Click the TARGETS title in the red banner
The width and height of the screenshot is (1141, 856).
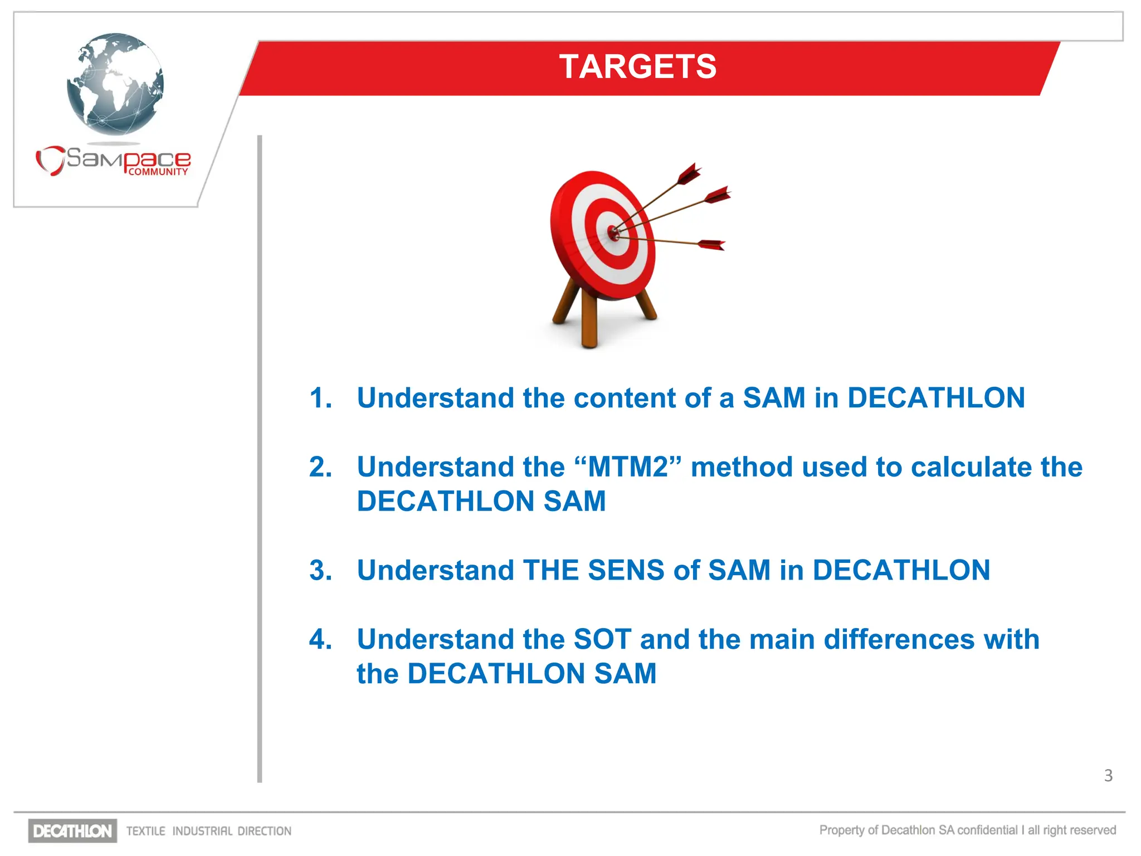pos(637,67)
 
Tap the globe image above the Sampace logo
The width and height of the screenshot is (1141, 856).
pos(115,84)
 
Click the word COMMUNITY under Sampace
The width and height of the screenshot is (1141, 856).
pos(158,172)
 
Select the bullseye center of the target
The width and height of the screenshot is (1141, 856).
pos(613,232)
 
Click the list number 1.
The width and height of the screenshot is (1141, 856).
pos(321,398)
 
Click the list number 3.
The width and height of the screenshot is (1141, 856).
pos(321,570)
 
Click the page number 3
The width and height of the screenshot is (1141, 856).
pos(1108,775)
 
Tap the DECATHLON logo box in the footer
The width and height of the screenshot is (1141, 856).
pos(72,831)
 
